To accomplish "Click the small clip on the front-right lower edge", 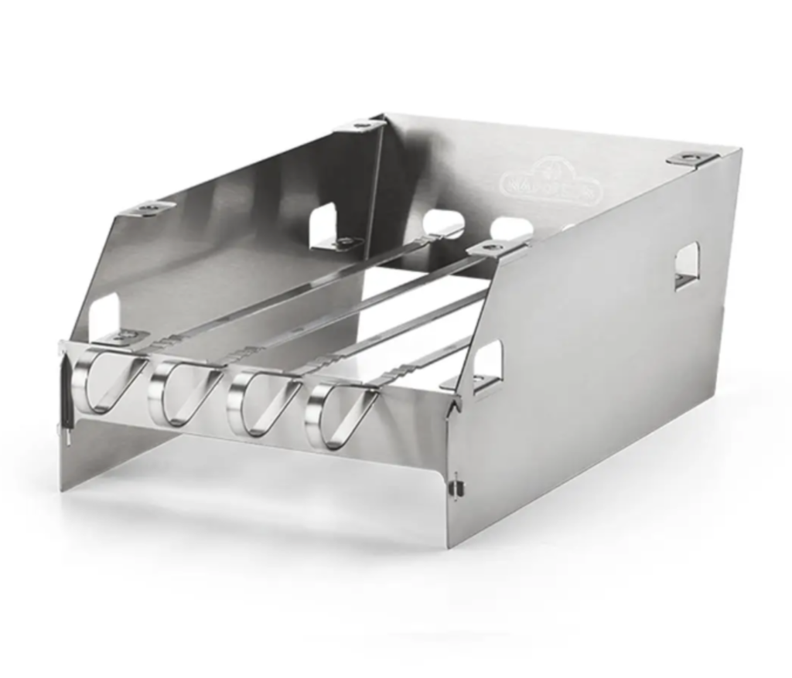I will pos(457,487).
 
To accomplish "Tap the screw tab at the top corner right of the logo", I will pos(691,158).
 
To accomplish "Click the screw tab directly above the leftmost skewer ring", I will pos(123,337).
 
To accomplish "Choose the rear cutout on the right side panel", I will pos(686,265).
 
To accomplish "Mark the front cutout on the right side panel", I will pos(488,363).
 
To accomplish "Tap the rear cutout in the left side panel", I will pos(323,225).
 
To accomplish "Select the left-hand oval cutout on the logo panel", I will pos(443,223).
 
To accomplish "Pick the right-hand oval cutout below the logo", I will pos(511,229).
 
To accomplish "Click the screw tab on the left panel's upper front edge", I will pos(151,208).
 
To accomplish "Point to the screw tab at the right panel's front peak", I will pos(492,247).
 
